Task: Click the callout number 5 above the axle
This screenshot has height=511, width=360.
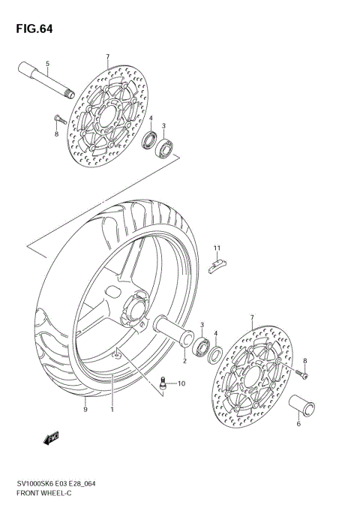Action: pos(47,64)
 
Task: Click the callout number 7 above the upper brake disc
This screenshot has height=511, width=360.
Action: pos(107,57)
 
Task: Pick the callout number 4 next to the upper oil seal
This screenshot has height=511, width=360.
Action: pos(150,119)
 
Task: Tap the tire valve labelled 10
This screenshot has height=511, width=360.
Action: pos(161,384)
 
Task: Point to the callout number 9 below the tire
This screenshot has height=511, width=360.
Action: pos(85,410)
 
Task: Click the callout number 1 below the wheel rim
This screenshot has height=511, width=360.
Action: pos(112,410)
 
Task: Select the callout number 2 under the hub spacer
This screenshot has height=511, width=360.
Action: pos(184,360)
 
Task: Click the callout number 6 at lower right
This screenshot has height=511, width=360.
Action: pos(298,424)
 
